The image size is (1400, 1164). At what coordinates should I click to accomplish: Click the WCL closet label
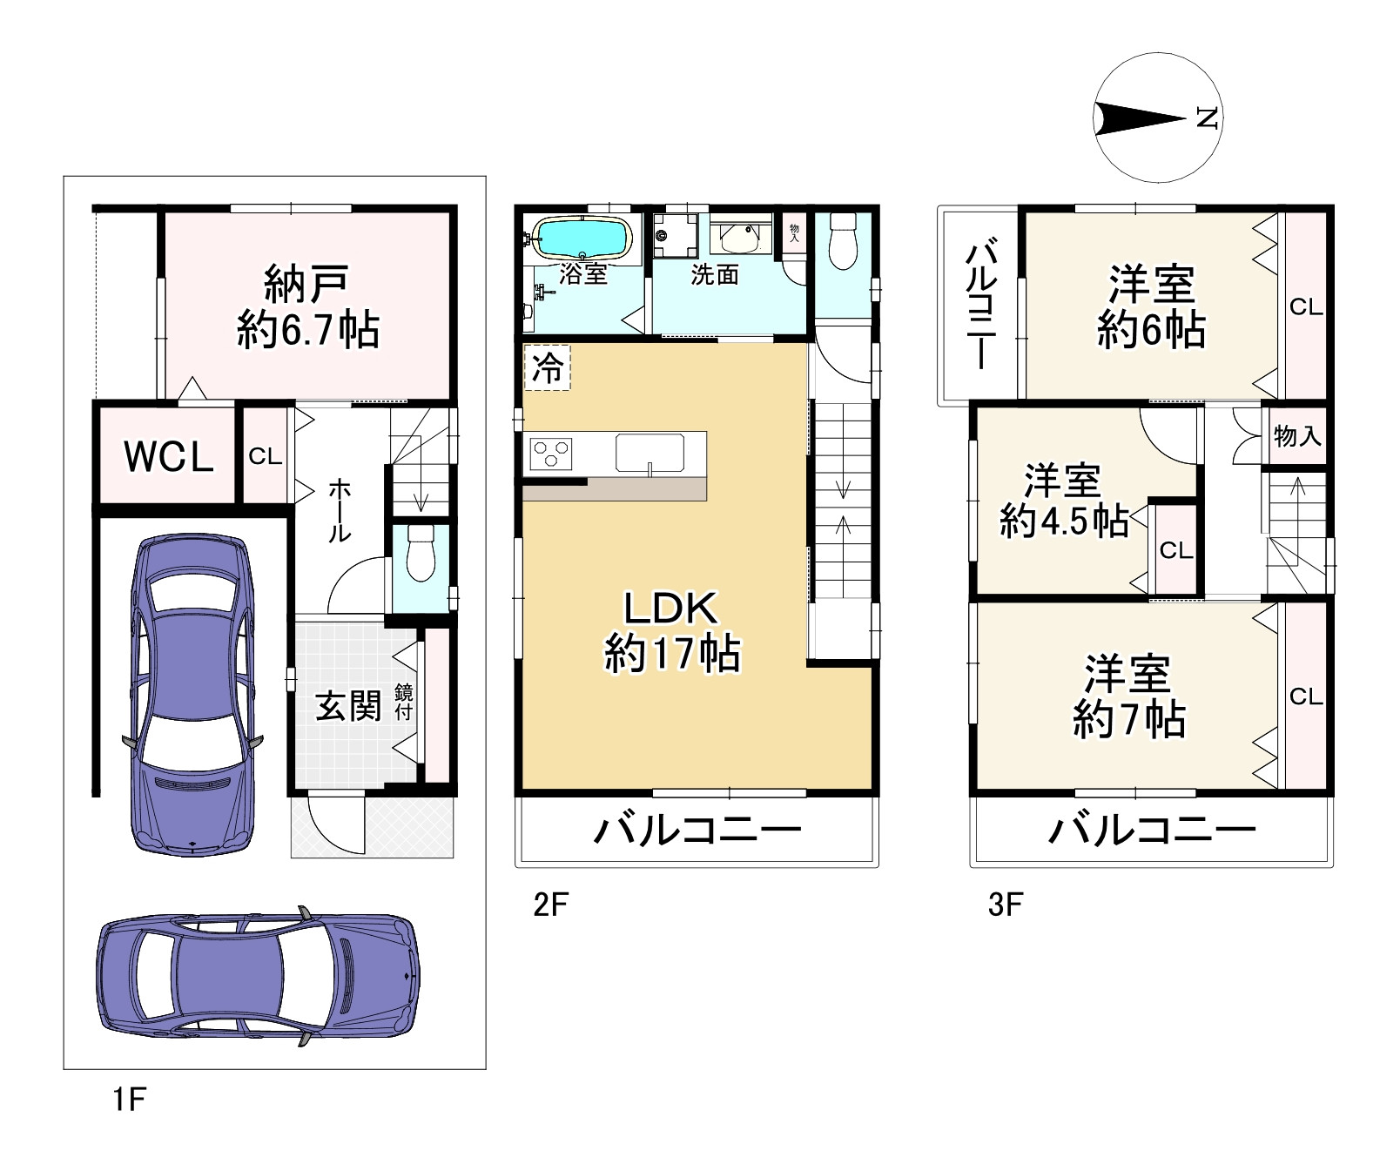169,456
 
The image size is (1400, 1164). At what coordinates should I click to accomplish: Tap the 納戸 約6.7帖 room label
308,306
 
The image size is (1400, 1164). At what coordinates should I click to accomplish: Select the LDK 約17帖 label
672,631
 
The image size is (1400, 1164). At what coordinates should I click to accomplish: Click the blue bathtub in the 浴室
582,238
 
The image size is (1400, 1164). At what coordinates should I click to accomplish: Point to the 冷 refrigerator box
548,368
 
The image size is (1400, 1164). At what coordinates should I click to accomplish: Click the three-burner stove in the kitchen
550,454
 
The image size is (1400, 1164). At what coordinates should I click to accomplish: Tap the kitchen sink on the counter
650,453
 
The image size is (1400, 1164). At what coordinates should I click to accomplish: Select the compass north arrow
1141,118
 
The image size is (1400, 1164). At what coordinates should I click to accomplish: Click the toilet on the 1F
421,553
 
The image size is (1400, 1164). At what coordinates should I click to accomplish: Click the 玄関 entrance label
348,705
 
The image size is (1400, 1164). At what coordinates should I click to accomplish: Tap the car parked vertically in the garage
192,693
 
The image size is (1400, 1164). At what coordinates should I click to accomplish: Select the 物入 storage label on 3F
1297,436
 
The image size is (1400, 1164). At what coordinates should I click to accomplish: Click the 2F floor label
550,905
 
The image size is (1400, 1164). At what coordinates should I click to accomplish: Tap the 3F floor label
1005,905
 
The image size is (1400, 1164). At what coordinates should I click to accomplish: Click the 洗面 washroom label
715,275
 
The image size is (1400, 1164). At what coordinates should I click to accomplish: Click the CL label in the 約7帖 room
1306,696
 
